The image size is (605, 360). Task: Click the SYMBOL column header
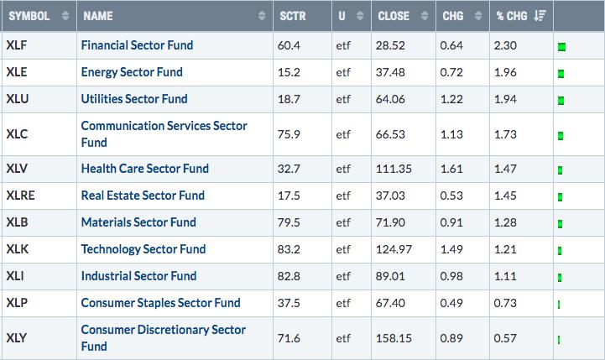(x=29, y=16)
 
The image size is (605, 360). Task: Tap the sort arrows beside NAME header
(x=262, y=15)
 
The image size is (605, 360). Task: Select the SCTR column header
(x=293, y=16)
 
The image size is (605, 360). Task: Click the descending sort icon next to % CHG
(x=540, y=15)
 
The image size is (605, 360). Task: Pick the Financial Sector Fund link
(x=137, y=45)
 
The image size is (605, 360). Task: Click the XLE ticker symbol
(x=17, y=72)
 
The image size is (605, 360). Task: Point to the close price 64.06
(x=390, y=99)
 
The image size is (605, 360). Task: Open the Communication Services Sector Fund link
(x=164, y=134)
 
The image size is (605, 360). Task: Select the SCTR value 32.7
(x=289, y=169)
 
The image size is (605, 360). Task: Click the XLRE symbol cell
(x=20, y=196)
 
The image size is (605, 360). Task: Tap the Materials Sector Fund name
(x=138, y=222)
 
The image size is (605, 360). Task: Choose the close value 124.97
(x=394, y=249)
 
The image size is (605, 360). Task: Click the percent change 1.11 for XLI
(x=505, y=276)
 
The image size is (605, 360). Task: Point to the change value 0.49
(x=451, y=303)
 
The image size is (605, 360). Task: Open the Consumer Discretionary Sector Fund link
(x=164, y=337)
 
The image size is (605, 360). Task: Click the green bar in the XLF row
(x=562, y=47)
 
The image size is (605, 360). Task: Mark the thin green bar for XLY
(x=559, y=340)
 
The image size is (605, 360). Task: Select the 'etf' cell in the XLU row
(x=343, y=99)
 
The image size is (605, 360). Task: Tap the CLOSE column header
(x=394, y=16)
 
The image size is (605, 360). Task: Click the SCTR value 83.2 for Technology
(x=289, y=249)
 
